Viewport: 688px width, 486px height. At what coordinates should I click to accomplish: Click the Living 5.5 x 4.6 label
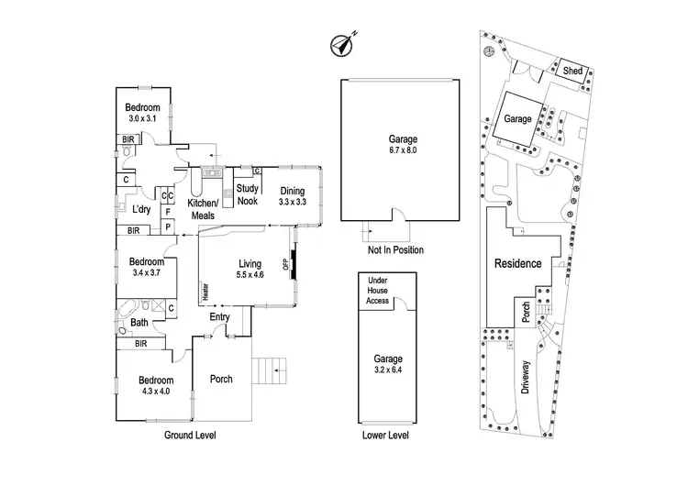coord(250,267)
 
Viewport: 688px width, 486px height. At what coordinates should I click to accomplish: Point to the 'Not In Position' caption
coord(395,249)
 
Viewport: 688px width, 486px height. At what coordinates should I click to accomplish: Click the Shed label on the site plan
coord(572,72)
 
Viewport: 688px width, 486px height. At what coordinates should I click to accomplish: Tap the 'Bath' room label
coord(139,323)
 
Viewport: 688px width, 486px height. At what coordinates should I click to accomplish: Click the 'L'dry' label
coord(140,209)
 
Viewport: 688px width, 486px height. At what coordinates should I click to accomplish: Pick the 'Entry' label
coord(219,317)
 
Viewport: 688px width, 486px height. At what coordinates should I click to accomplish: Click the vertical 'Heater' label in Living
coord(205,291)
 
